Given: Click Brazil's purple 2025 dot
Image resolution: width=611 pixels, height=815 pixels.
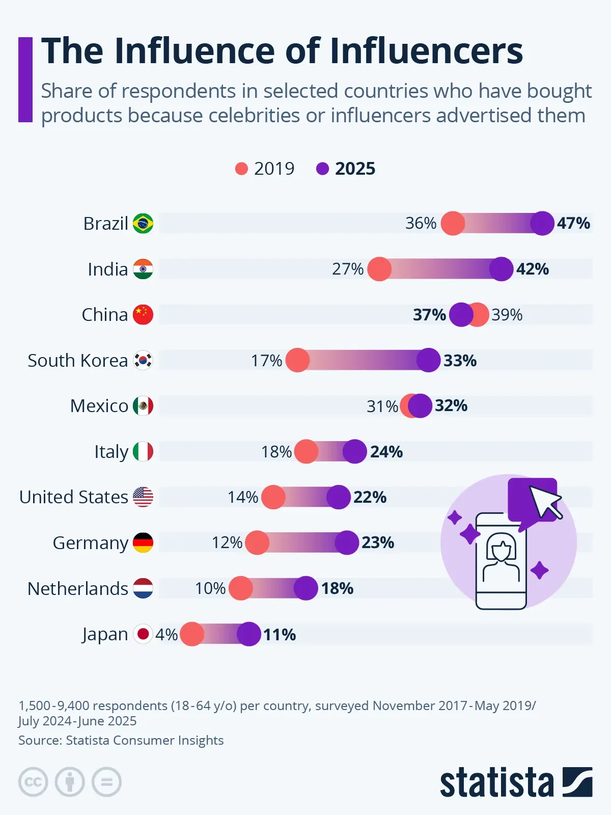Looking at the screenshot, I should point(542,223).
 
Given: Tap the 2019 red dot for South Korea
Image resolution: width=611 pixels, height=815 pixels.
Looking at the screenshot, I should point(297,361).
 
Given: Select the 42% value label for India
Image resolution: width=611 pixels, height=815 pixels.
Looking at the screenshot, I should point(533,269).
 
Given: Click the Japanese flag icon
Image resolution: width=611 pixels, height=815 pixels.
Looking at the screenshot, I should point(143,634).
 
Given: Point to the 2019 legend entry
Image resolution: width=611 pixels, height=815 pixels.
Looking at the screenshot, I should point(265,169).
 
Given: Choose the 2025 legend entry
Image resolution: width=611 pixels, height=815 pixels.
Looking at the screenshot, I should point(346,169).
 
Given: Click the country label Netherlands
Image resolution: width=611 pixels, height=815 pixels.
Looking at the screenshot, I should point(78,589).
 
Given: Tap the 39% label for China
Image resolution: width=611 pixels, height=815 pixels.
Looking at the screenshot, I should point(507,315).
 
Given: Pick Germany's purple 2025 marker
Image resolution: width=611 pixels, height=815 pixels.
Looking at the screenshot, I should point(347,542).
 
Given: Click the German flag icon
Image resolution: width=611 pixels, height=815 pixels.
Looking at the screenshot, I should point(143,543).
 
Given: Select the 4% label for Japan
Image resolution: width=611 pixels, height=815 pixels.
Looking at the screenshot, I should point(166,635).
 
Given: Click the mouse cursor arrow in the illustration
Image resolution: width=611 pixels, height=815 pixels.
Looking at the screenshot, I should point(544,502).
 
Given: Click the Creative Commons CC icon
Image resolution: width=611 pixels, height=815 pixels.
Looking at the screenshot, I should point(33,782).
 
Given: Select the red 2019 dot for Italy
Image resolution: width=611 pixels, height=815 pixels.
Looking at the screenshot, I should point(306,452).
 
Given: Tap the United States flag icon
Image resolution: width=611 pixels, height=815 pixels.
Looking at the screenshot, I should point(143,497).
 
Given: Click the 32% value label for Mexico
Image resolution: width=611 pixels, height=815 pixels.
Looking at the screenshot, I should point(451,406).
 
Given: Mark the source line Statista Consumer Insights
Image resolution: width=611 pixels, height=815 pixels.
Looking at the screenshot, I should point(121,740).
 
